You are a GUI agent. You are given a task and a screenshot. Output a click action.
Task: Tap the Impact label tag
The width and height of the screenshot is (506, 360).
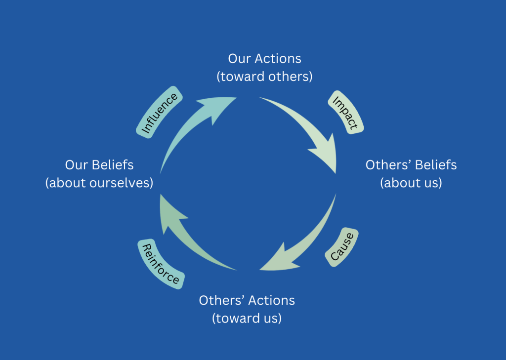tap(345, 113)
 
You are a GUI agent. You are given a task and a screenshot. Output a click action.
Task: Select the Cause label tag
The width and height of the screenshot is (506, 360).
tap(341, 247)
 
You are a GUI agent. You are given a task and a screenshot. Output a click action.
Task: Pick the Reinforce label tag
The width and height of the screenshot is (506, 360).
tap(161, 265)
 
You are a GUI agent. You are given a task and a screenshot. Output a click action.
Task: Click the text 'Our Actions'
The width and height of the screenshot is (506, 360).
tap(264, 58)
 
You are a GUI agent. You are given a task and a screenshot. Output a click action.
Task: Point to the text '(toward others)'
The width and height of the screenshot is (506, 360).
tap(264, 77)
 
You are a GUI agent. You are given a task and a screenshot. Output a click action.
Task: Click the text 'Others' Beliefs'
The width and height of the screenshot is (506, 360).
tap(411, 165)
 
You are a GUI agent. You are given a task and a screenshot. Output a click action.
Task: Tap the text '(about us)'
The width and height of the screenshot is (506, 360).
tap(411, 183)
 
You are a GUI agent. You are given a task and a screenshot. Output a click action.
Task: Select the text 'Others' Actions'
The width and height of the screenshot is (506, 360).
tap(247, 300)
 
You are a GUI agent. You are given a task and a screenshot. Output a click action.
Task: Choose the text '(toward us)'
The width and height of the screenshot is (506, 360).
tap(247, 319)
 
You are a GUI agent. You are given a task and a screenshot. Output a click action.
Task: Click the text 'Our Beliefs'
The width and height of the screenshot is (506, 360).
tap(99, 165)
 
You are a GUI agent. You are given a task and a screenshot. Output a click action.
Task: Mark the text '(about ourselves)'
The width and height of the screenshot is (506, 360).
tap(99, 183)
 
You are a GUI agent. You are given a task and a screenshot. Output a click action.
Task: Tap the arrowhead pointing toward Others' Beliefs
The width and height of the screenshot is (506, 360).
tap(326, 154)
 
